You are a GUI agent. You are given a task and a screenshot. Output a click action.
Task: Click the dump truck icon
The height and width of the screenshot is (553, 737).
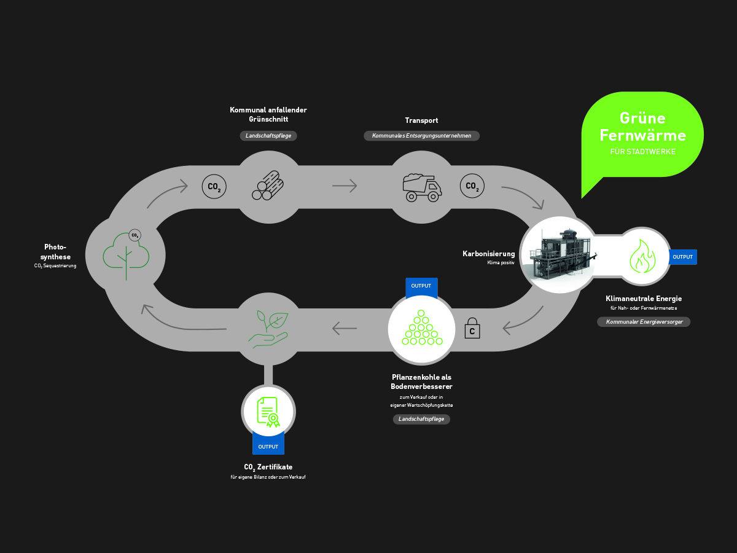(422, 187)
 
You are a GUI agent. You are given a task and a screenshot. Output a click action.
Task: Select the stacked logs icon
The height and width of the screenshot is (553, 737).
(268, 185)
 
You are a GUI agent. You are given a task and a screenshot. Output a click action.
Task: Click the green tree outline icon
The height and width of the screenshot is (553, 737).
(126, 254)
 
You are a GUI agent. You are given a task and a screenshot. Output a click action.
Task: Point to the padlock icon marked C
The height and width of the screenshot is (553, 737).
(472, 329)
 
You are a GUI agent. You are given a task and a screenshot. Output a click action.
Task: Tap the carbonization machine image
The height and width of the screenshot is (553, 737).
(559, 254)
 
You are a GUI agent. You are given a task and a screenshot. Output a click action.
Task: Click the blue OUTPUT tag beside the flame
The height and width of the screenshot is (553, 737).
(683, 257)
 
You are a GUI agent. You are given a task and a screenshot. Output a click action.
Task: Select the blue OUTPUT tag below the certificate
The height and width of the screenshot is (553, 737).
(268, 446)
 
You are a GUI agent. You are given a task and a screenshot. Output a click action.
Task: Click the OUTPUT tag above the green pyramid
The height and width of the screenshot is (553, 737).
(421, 286)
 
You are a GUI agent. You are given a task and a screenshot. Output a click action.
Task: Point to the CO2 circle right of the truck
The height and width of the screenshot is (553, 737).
(472, 186)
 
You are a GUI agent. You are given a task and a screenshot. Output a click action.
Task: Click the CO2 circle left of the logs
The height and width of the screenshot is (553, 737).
(214, 186)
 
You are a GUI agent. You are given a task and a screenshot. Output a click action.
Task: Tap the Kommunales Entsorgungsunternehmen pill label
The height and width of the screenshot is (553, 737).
(422, 136)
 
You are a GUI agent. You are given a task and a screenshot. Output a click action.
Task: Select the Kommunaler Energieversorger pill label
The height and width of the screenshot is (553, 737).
(644, 321)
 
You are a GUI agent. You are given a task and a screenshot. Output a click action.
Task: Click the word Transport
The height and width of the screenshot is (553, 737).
(421, 120)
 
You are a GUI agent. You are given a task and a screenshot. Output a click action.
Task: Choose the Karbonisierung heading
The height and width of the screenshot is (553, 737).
(489, 253)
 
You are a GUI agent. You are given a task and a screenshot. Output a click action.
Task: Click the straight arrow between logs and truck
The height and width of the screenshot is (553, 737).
(345, 186)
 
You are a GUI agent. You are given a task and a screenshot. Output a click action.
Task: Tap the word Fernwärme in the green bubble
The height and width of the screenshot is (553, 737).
(642, 135)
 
